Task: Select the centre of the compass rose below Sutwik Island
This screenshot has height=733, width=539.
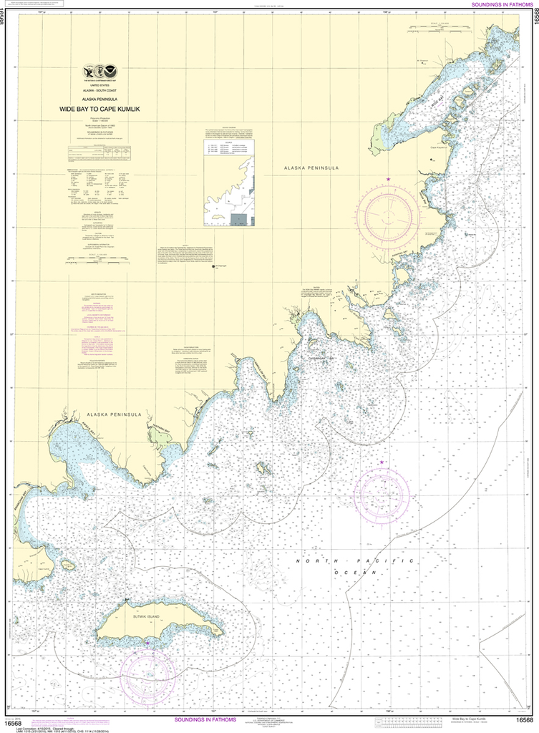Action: [x=148, y=676]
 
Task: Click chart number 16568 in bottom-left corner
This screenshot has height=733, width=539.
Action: [x=14, y=720]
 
